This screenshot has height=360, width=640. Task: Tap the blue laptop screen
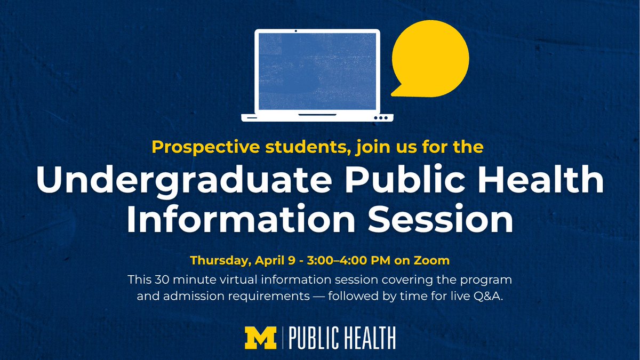coord(317,70)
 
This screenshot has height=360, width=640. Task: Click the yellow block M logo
coord(261,338)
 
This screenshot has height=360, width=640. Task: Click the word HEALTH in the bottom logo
coord(369,338)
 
